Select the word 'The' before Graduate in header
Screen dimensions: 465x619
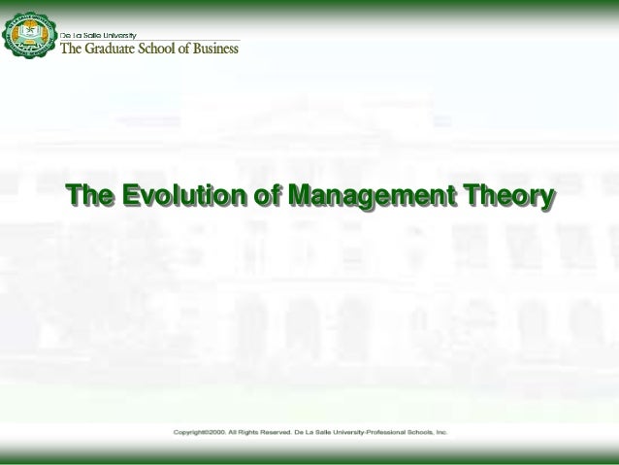click(x=75, y=49)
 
